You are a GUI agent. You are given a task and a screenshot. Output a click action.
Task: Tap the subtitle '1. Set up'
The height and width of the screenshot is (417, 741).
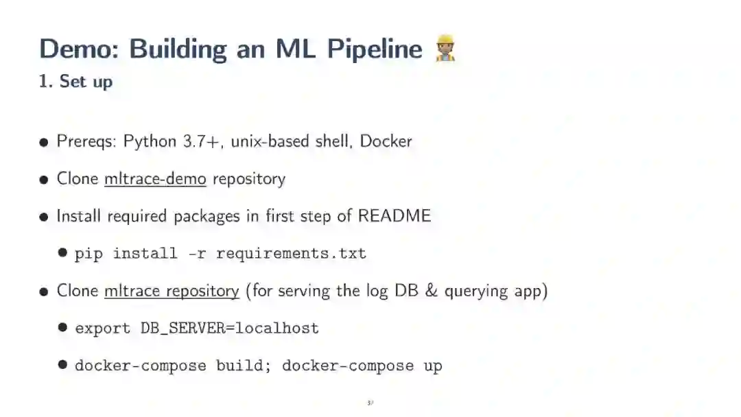(75, 81)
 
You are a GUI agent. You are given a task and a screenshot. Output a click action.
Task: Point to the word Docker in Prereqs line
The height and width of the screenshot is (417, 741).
(386, 141)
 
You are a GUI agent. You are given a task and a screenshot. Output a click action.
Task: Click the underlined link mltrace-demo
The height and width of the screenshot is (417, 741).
(155, 178)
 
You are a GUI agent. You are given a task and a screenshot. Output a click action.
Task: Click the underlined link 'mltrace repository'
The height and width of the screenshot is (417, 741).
(172, 291)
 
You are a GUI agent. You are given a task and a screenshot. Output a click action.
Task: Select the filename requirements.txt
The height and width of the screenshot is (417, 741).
(291, 254)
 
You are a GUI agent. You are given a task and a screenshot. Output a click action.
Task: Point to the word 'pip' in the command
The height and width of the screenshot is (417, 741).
(89, 254)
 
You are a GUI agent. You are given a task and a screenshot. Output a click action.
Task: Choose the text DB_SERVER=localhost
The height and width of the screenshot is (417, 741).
(230, 329)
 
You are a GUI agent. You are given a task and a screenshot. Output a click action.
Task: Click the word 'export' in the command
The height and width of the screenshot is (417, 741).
(102, 329)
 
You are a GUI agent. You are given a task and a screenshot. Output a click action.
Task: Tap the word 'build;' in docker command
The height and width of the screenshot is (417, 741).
(244, 366)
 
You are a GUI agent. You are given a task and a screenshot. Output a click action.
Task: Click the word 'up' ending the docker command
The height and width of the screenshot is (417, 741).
(433, 366)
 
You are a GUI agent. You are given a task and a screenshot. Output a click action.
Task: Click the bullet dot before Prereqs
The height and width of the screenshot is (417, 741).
(44, 143)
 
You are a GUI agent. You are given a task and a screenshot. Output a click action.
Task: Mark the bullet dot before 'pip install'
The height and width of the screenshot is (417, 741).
(62, 253)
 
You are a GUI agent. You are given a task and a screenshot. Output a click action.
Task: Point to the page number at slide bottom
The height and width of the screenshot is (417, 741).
(370, 403)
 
